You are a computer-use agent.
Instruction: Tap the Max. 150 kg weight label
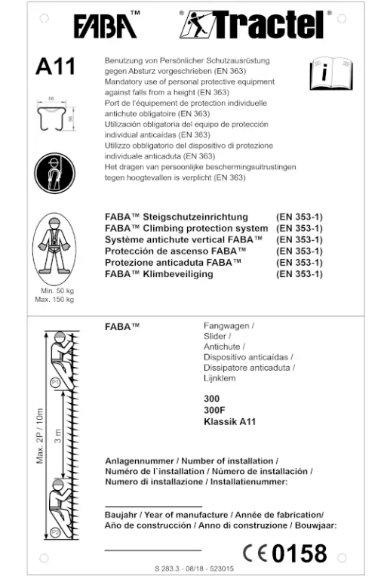[x=55, y=300]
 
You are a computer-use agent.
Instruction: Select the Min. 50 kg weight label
[x=55, y=291]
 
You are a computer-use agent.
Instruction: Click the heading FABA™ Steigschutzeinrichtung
[x=185, y=217]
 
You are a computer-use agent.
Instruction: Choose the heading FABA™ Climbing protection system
[x=186, y=228]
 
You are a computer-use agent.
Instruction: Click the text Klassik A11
[x=229, y=421]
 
